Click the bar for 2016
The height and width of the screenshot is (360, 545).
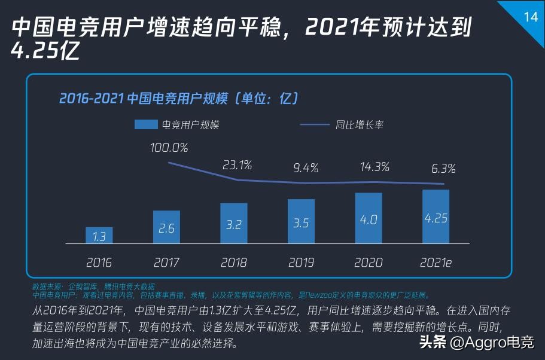(99, 235)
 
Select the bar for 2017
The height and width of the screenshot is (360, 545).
(166, 227)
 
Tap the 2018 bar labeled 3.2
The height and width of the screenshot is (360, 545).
(233, 224)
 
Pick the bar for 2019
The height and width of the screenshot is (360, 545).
(301, 222)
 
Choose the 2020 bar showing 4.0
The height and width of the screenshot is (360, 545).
(368, 218)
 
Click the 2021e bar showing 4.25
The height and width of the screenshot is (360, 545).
(436, 216)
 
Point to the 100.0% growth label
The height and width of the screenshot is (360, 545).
(169, 147)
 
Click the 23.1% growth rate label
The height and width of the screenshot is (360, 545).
(238, 164)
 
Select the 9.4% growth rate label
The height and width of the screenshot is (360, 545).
(305, 168)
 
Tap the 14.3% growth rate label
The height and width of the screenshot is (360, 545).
(375, 166)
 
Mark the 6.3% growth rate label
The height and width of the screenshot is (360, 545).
(443, 169)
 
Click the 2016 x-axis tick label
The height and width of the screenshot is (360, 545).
(99, 262)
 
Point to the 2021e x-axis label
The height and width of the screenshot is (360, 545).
(436, 262)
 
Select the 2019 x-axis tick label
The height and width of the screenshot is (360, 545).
(301, 262)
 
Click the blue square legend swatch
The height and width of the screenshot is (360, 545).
(145, 124)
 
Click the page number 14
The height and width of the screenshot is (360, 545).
(530, 17)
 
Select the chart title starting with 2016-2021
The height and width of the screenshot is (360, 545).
(178, 98)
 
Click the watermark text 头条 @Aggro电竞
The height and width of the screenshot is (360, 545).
(476, 343)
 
